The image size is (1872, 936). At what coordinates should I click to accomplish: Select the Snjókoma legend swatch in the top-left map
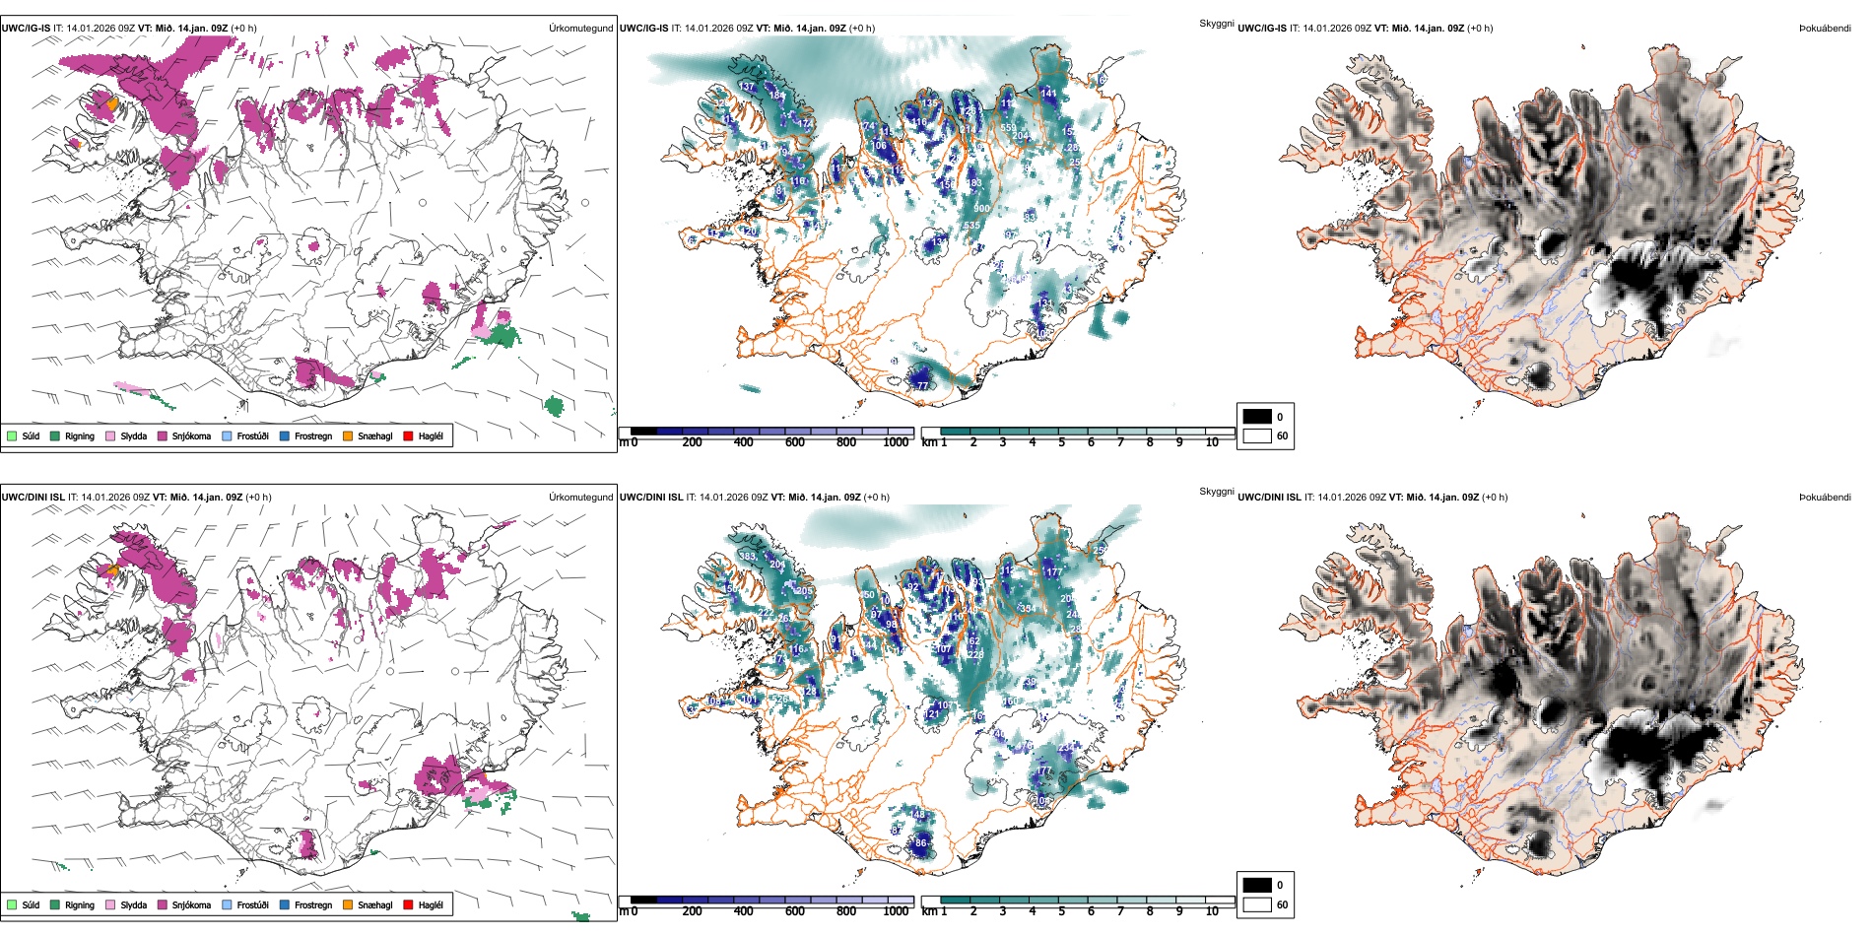(163, 435)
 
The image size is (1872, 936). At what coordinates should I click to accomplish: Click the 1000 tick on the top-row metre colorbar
(896, 442)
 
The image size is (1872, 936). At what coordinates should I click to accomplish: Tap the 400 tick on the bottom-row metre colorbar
(744, 911)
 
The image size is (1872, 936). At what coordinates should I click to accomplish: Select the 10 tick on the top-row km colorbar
(1212, 442)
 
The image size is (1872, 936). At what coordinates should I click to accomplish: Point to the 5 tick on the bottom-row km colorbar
(1062, 911)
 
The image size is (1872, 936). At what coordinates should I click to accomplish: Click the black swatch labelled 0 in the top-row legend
(1256, 417)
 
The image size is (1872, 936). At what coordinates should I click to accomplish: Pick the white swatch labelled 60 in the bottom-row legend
(1256, 904)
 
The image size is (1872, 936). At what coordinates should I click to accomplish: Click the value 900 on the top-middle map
(981, 209)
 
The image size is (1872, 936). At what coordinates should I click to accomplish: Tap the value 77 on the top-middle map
(922, 385)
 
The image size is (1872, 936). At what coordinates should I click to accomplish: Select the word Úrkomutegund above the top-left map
(580, 29)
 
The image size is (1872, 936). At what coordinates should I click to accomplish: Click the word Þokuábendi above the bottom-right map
(1825, 498)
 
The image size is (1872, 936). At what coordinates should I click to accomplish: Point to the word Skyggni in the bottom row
(1216, 492)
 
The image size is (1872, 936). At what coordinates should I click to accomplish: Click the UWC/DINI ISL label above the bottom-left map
(33, 498)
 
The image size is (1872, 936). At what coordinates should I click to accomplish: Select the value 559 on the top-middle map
(1008, 128)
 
